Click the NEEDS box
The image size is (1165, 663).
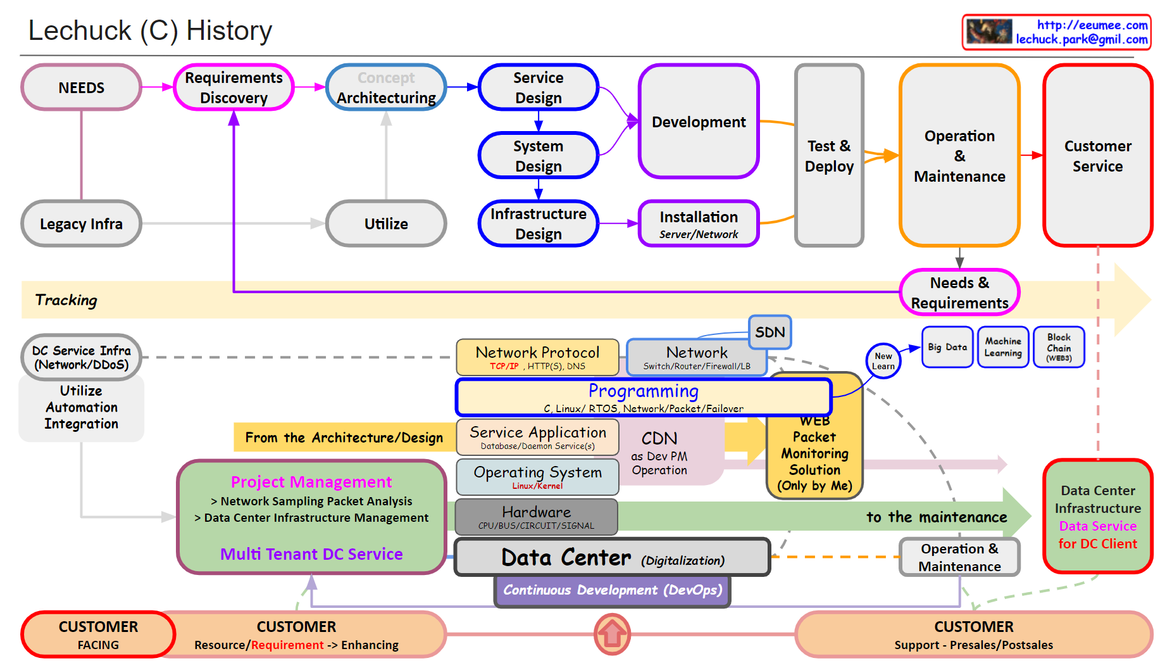81,87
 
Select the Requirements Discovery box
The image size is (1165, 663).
234,87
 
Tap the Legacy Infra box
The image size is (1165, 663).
81,224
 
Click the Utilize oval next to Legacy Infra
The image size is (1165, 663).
386,224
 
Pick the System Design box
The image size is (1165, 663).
538,156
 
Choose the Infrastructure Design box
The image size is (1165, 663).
538,224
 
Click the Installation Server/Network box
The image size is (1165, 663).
699,224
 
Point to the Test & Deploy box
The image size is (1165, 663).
829,156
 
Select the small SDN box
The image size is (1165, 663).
769,332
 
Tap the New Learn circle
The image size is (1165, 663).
883,361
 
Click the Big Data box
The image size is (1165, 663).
947,347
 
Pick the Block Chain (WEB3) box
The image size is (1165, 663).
1059,347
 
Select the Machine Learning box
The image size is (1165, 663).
1002,347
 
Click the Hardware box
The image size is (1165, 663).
536,517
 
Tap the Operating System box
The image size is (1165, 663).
537,477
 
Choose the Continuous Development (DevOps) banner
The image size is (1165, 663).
612,590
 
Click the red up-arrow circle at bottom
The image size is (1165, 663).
612,634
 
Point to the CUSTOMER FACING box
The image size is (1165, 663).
98,635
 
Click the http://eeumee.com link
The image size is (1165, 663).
1092,25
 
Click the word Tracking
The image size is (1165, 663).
66,300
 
